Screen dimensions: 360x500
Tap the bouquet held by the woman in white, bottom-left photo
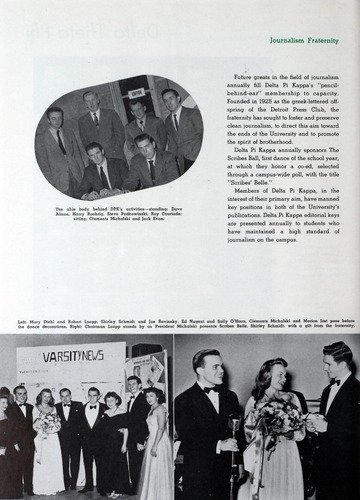(46, 422)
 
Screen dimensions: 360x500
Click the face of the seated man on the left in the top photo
(97, 153)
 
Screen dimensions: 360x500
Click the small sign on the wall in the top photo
(135, 93)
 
